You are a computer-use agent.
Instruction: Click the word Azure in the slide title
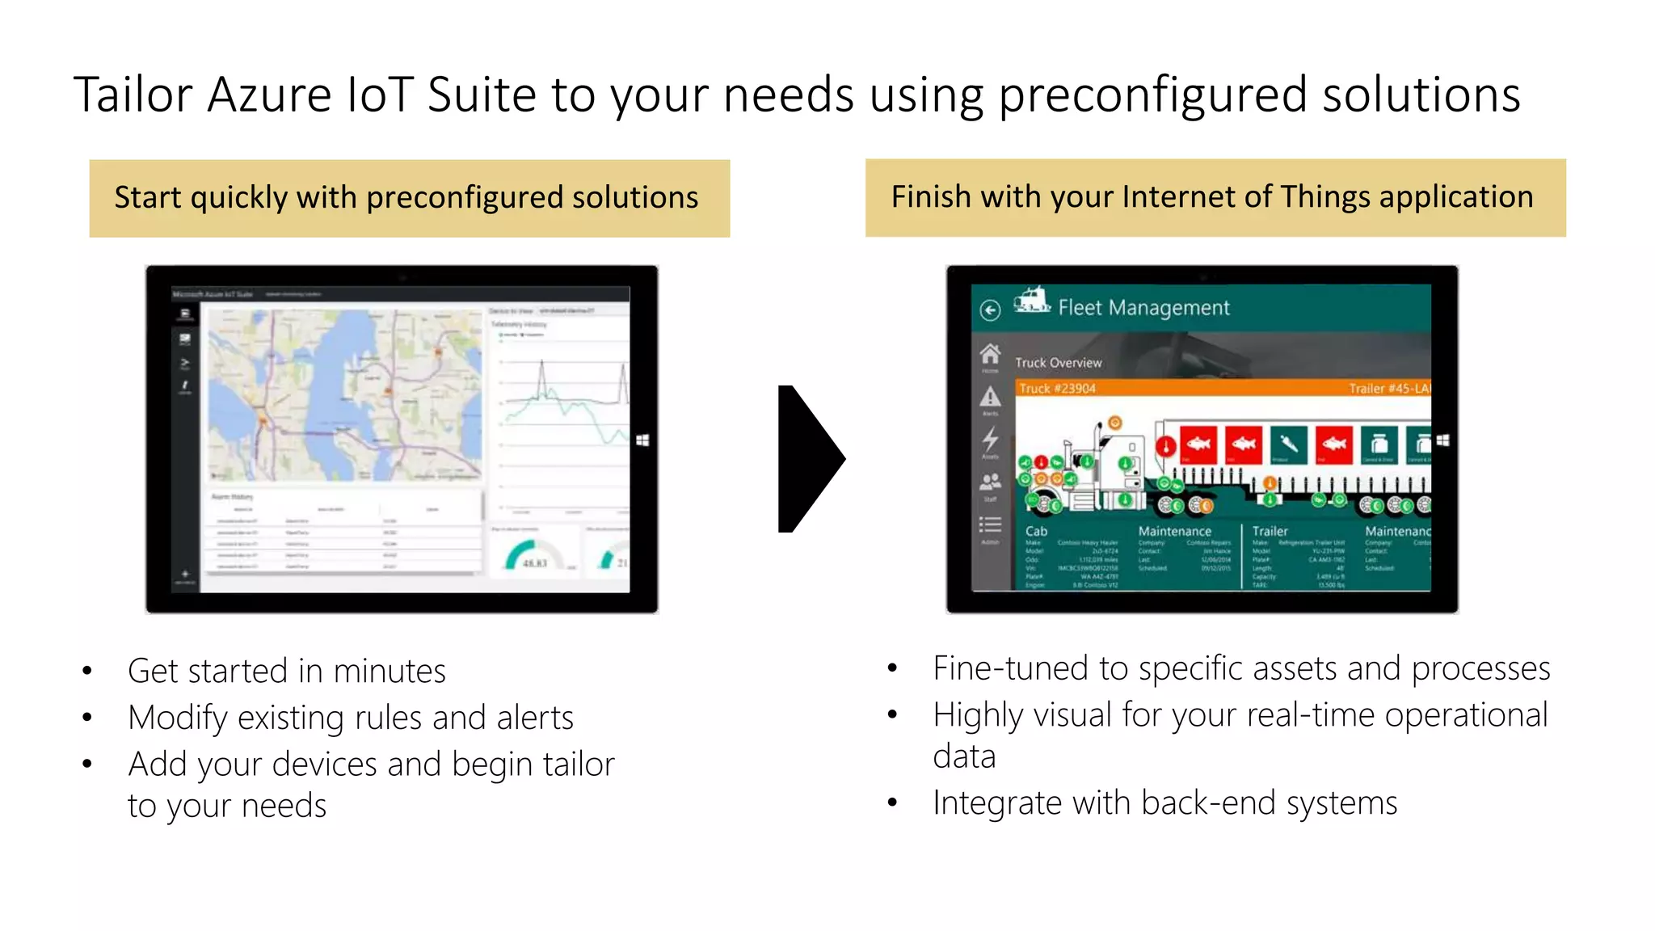(x=269, y=95)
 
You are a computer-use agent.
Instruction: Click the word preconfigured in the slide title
(x=1152, y=95)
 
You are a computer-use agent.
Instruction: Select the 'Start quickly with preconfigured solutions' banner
(x=409, y=198)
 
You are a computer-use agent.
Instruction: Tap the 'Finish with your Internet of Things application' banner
(x=1215, y=197)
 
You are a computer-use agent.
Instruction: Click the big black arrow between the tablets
(x=809, y=458)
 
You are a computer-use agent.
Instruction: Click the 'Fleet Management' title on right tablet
(x=1143, y=308)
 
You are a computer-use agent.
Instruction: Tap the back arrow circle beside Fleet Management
(x=990, y=310)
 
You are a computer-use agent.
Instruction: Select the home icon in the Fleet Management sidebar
(x=990, y=354)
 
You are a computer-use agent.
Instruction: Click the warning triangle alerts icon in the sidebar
(x=990, y=397)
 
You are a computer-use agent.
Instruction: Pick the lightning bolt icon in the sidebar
(x=990, y=439)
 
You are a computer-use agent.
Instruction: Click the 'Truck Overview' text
(x=1058, y=363)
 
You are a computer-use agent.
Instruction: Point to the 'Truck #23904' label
(x=1057, y=389)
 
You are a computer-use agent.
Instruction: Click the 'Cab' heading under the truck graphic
(x=1036, y=531)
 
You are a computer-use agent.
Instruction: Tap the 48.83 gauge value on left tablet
(x=534, y=563)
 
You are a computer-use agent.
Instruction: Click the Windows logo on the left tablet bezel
(x=642, y=440)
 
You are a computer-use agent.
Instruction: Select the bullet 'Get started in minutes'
(x=286, y=671)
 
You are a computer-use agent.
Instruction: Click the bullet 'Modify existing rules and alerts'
(x=350, y=718)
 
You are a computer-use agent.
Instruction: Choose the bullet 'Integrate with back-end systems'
(x=1164, y=803)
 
